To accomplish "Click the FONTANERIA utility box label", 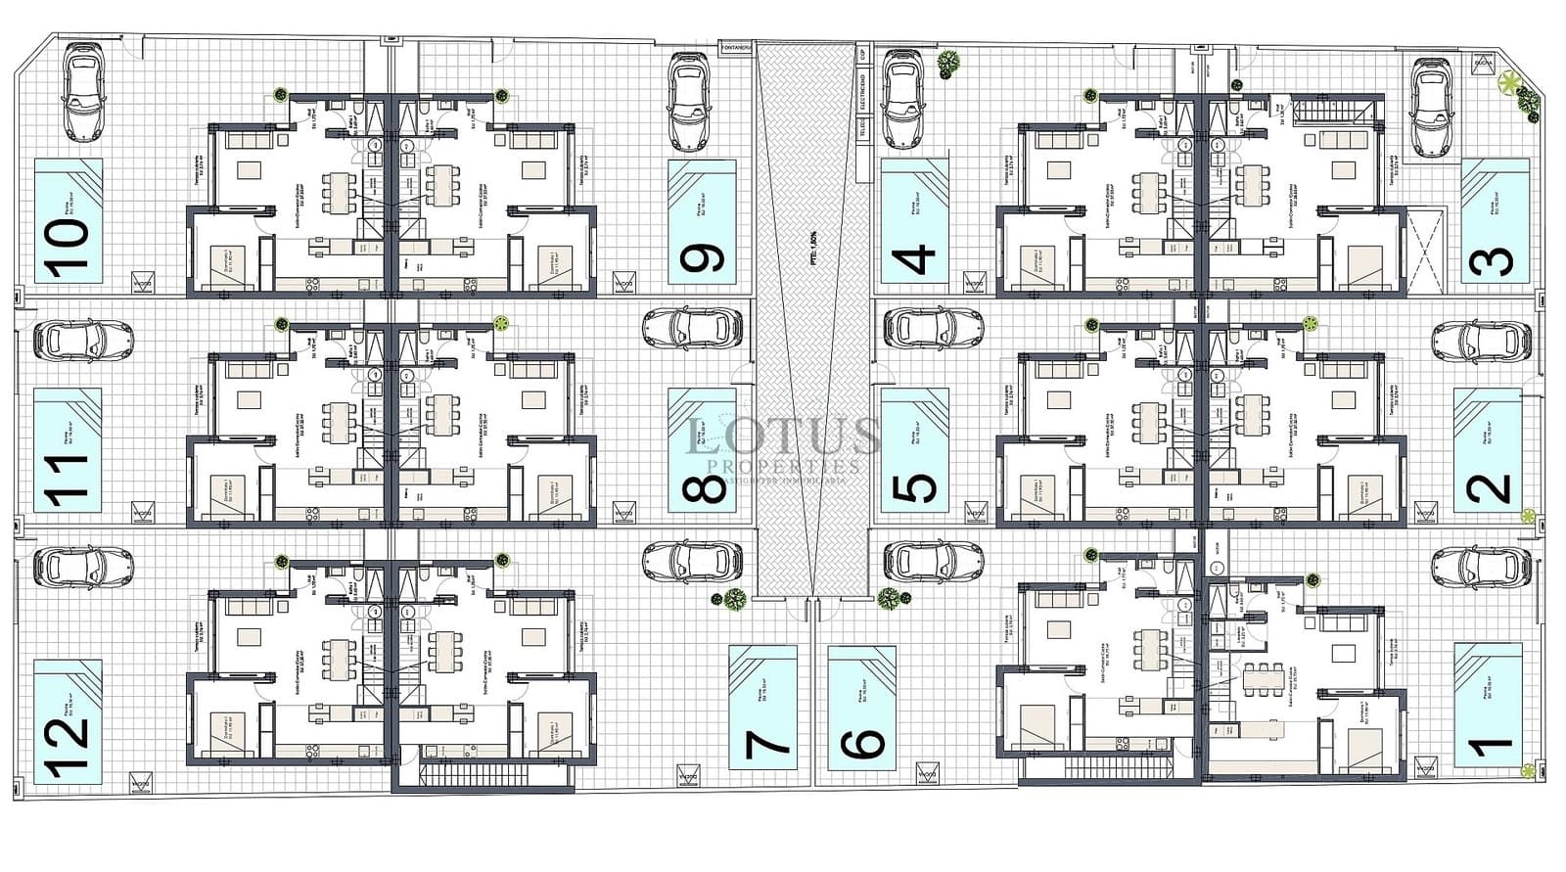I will (735, 47).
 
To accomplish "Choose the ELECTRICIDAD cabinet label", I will (862, 91).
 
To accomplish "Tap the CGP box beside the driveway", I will (862, 54).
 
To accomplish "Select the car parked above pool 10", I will (83, 95).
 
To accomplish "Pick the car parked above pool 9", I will (688, 101).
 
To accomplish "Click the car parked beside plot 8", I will (693, 329).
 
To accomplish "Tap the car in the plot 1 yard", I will (1481, 567).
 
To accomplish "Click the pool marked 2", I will (1488, 450).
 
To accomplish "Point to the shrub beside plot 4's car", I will (947, 65).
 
